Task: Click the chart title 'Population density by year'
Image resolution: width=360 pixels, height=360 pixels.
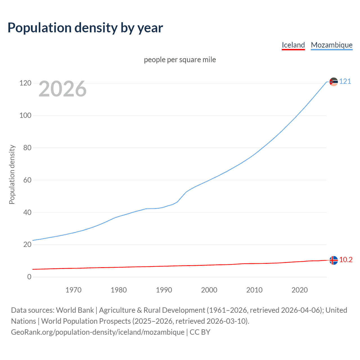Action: (x=85, y=28)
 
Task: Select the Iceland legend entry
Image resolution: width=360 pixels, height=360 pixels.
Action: (x=293, y=45)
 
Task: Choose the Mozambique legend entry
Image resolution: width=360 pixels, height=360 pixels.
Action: (x=332, y=45)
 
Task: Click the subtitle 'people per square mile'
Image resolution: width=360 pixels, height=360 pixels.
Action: (x=180, y=60)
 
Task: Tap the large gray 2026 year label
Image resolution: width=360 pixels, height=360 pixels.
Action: (x=62, y=89)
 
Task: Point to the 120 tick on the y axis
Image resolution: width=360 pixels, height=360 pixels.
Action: (x=25, y=83)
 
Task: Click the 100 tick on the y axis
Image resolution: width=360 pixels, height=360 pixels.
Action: (x=25, y=115)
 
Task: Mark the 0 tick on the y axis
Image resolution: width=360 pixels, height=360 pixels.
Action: (x=29, y=277)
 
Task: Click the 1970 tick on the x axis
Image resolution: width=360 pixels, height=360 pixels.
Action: (x=73, y=290)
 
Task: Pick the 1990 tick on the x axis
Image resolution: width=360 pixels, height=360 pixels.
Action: (x=164, y=290)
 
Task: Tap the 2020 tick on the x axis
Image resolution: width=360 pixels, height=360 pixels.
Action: (x=300, y=290)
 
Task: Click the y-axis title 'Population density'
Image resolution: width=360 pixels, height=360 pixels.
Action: (x=12, y=174)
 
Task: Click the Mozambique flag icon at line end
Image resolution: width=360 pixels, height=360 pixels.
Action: (x=334, y=82)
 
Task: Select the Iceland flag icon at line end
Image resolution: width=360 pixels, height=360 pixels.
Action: (x=334, y=260)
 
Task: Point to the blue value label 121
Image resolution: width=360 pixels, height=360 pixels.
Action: (x=345, y=82)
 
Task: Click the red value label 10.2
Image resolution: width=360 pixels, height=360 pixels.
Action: (x=346, y=260)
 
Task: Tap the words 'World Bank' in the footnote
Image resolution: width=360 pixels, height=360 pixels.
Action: (x=75, y=310)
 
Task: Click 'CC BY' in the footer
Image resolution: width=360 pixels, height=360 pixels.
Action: (x=200, y=332)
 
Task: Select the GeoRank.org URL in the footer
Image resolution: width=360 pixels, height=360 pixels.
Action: (x=98, y=332)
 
